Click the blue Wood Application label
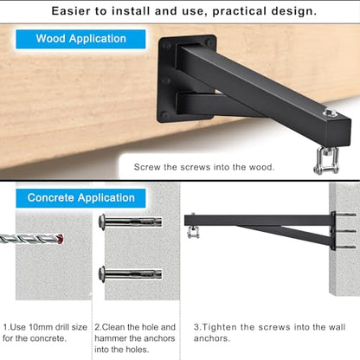pyautogui.click(x=80, y=39)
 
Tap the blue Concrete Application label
pyautogui.click(x=80, y=198)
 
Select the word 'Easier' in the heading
pyautogui.click(x=71, y=11)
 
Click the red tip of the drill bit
pyautogui.click(x=60, y=239)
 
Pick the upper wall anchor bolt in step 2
pyautogui.click(x=130, y=222)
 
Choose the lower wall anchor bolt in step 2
pyautogui.click(x=130, y=273)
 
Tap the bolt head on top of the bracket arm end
pyautogui.click(x=329, y=112)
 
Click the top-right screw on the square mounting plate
pyautogui.click(x=210, y=43)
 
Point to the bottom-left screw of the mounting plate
pyautogui.click(x=164, y=115)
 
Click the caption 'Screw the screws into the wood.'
pyautogui.click(x=204, y=167)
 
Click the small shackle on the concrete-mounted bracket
pyautogui.click(x=193, y=231)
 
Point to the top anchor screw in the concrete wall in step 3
pyautogui.click(x=346, y=215)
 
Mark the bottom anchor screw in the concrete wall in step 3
pyautogui.click(x=346, y=247)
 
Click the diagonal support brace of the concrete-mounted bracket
pyautogui.click(x=284, y=235)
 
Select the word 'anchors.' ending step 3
pyautogui.click(x=212, y=338)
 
